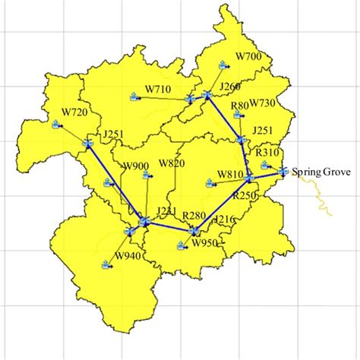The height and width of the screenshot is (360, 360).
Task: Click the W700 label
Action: [248, 57]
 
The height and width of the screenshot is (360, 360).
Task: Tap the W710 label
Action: [157, 90]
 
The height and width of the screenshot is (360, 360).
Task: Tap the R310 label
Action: [267, 153]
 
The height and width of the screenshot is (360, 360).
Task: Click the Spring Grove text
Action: [319, 172]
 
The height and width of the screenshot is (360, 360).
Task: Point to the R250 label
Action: [245, 195]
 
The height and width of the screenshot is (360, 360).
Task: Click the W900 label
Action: [136, 166]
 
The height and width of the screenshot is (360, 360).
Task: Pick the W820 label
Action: [172, 164]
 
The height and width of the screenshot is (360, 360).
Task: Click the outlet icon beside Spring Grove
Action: [283, 172]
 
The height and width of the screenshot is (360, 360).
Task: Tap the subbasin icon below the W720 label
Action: [57, 126]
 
